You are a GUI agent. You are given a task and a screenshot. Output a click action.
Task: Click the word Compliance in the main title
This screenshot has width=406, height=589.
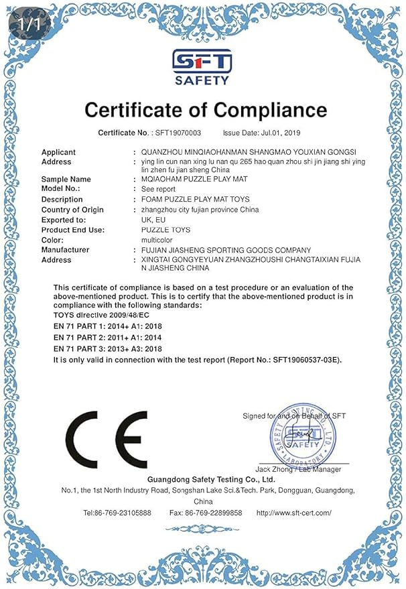tap(260, 110)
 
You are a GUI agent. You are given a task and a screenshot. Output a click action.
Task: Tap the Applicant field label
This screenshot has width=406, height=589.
tap(58, 152)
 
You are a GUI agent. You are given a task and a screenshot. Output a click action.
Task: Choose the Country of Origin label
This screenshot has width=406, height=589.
tap(72, 210)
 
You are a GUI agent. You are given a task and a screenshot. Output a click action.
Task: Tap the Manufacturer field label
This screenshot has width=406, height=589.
tap(65, 250)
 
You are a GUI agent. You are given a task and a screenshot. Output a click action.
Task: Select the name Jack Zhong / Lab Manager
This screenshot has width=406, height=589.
tap(298, 469)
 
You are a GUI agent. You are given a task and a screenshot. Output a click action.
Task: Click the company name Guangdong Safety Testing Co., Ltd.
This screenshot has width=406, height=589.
tap(202, 480)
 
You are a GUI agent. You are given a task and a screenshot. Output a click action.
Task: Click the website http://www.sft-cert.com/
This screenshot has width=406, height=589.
tap(294, 513)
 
